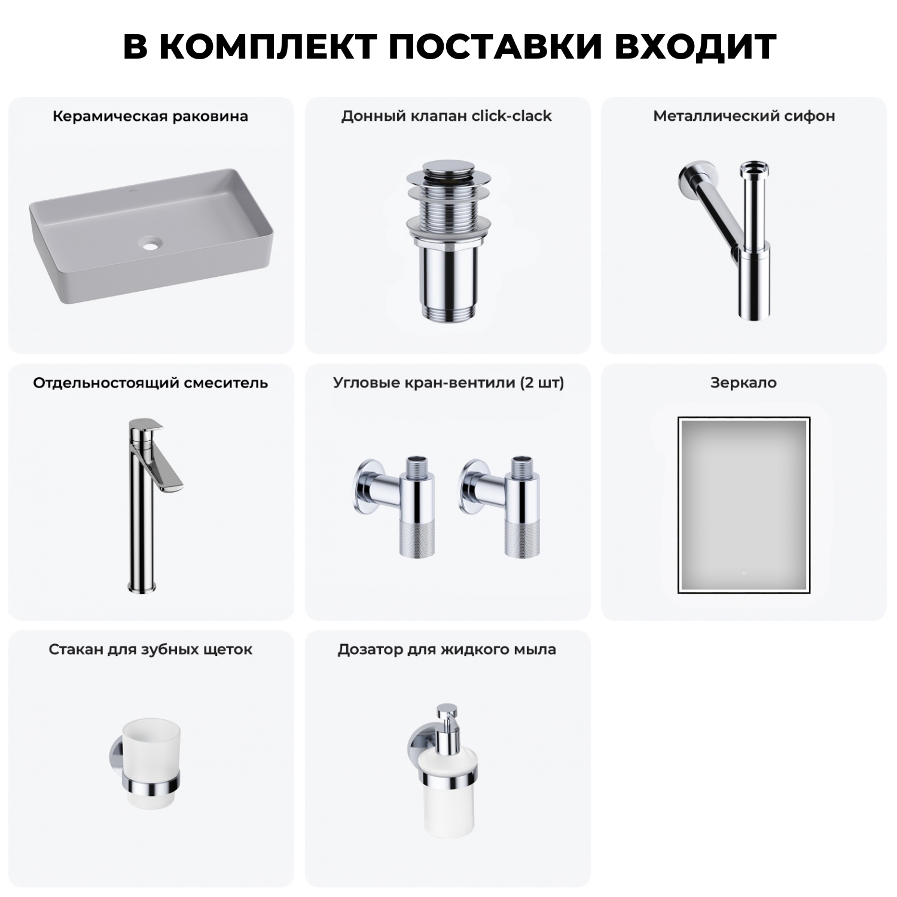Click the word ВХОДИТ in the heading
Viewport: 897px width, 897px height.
[695, 47]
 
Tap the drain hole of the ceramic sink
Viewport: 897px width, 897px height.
[152, 243]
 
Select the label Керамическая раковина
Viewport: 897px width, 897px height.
[150, 116]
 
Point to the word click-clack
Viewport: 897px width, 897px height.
[511, 116]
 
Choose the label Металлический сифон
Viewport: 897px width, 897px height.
[744, 116]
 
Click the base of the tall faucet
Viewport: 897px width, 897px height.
[141, 586]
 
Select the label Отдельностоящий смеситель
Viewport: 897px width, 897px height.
[150, 383]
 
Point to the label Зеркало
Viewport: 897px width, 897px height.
[743, 383]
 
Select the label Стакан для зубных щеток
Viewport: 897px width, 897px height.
[150, 649]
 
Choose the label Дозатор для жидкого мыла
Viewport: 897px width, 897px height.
[447, 649]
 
